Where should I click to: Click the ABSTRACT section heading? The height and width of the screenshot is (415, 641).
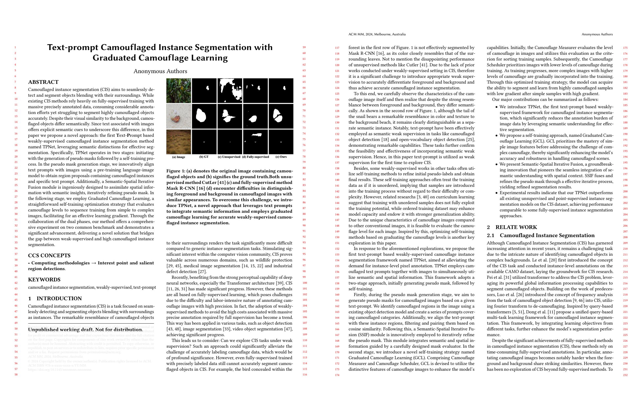43,82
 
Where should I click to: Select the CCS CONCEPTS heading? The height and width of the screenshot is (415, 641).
49,255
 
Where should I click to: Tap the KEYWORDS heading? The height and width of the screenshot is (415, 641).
44,280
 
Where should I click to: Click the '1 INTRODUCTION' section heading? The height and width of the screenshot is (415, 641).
55,298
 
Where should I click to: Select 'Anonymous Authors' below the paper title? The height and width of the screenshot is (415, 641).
160,71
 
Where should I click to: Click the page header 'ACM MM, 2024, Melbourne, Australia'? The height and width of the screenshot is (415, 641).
377,34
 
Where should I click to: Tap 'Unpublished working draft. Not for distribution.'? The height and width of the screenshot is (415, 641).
85,330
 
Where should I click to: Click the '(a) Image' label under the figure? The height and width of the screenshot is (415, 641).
179,157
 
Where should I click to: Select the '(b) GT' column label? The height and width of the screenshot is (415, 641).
204,157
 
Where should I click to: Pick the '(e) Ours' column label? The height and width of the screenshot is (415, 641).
281,157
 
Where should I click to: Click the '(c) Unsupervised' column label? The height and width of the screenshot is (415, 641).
229,157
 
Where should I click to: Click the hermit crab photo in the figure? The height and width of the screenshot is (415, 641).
179,116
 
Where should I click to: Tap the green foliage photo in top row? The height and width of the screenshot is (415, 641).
179,91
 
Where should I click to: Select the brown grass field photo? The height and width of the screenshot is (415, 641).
179,142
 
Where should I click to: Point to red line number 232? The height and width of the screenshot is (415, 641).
625,375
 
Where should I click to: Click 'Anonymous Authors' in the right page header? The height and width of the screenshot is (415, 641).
597,34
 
